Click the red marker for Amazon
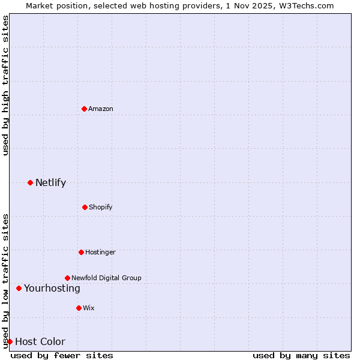(84, 109)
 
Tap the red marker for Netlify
(30, 182)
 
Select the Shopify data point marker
(85, 207)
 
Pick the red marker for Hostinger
(81, 252)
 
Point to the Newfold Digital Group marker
(67, 278)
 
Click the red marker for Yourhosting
(19, 288)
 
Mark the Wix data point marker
(79, 308)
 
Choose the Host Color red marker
(10, 341)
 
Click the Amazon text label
(101, 109)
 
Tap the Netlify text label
(50, 182)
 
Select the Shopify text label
(101, 207)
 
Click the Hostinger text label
(100, 252)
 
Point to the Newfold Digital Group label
(106, 278)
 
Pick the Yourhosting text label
(52, 288)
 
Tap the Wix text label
(89, 308)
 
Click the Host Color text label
(40, 341)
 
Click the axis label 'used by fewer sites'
(62, 355)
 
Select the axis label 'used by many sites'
(301, 355)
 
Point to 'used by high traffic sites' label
(5, 85)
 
